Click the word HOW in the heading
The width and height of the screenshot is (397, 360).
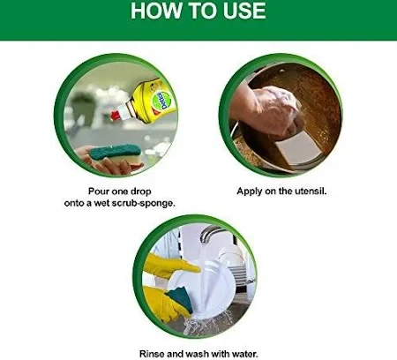click(157, 11)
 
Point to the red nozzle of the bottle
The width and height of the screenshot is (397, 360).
click(116, 116)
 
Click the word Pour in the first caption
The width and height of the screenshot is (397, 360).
click(99, 191)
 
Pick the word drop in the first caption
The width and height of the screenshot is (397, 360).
click(141, 191)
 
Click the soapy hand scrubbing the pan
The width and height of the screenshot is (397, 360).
click(269, 110)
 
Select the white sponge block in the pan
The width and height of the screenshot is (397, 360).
click(298, 149)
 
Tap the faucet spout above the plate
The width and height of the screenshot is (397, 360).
click(211, 230)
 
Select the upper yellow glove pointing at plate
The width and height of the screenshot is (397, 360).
click(170, 266)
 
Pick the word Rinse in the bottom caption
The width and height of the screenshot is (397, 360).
click(151, 354)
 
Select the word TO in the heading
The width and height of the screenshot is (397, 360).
click(204, 11)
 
